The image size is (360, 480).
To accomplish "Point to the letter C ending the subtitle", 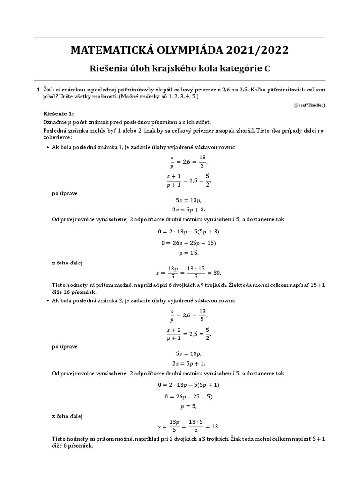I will [x=267, y=69].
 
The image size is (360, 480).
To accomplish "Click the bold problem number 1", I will [x=38, y=89].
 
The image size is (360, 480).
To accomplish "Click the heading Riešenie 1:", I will [x=59, y=113].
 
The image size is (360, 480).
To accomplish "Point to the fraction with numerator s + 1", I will [x=173, y=180].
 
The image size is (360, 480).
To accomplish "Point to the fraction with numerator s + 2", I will [x=173, y=334].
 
